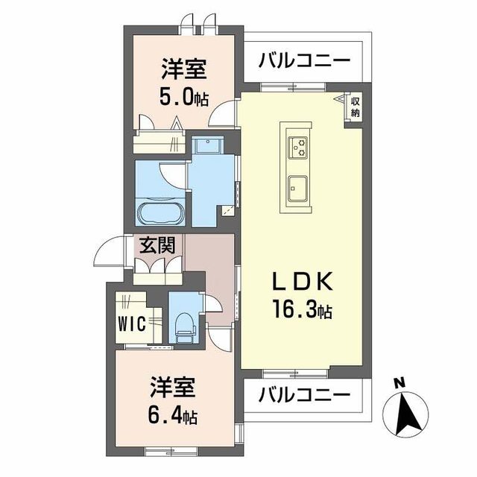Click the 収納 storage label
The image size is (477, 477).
(356, 107)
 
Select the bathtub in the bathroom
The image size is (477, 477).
(159, 212)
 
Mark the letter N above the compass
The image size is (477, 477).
(399, 383)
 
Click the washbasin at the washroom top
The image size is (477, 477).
(204, 145)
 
